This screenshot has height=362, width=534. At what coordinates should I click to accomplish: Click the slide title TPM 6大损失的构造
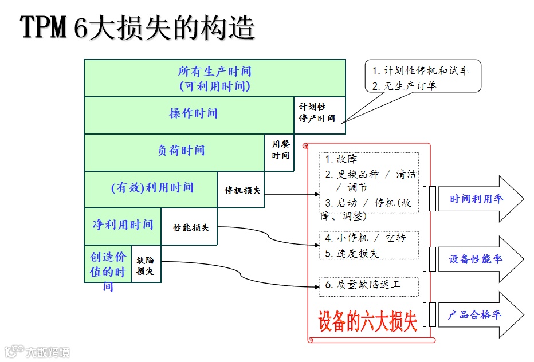(x=138, y=27)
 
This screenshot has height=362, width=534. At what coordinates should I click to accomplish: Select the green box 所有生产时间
(x=214, y=78)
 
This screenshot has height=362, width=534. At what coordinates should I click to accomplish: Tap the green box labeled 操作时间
(x=193, y=113)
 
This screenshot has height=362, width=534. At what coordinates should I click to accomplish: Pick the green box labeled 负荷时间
(x=181, y=151)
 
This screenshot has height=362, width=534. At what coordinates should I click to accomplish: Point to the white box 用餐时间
(x=280, y=150)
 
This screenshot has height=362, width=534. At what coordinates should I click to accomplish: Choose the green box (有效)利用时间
(x=152, y=188)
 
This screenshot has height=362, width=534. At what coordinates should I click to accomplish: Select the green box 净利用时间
(x=123, y=225)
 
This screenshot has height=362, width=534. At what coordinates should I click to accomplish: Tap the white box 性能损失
(x=191, y=227)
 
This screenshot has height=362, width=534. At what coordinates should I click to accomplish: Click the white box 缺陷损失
(x=145, y=265)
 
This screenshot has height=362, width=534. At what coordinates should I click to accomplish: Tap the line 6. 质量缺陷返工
(x=363, y=284)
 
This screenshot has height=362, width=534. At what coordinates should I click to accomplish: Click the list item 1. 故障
(x=341, y=159)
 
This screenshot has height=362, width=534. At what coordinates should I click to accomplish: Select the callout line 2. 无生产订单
(x=404, y=86)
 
